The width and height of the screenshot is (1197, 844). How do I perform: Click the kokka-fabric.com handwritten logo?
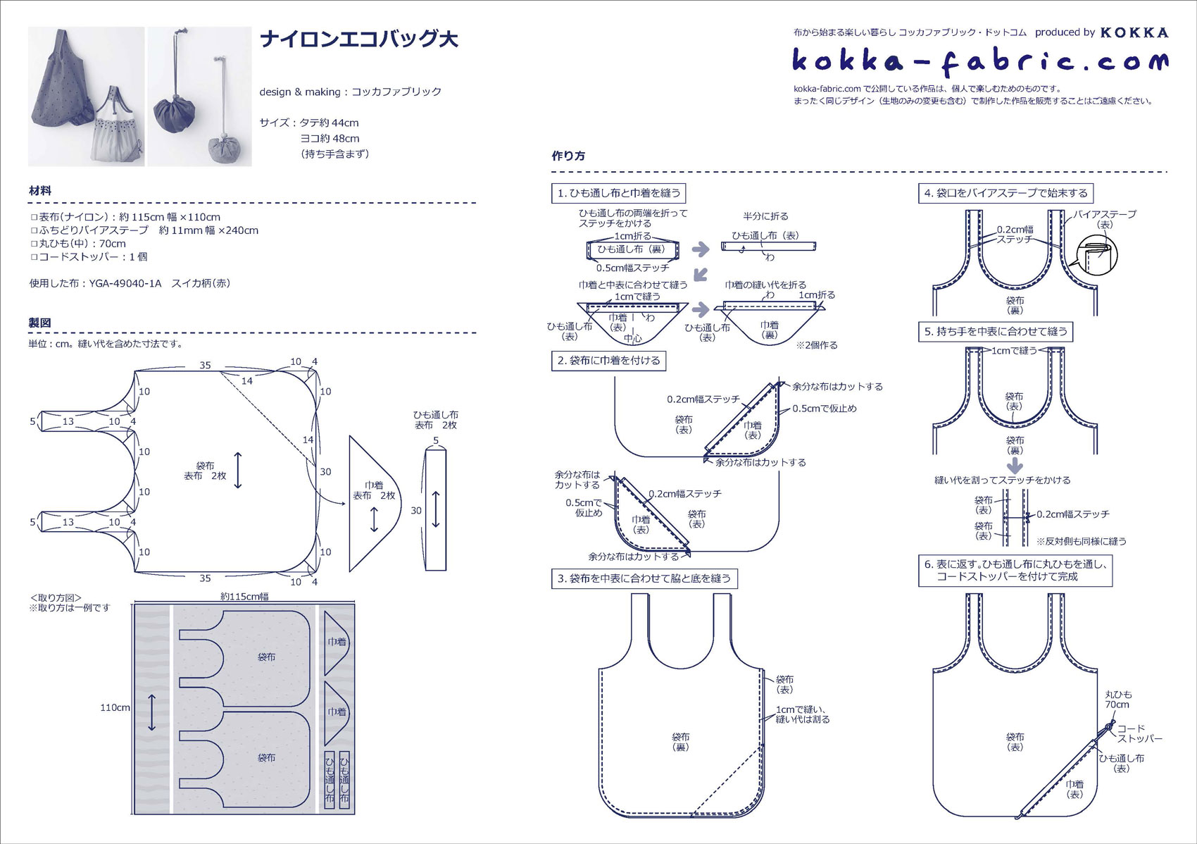[979, 62]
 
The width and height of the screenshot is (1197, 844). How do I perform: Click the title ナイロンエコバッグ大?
[359, 39]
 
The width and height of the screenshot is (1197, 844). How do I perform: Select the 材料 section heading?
[40, 191]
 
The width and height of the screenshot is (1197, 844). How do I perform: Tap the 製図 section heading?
[40, 323]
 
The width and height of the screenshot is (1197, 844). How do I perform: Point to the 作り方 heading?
[568, 156]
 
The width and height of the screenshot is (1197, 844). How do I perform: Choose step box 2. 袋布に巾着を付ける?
[608, 361]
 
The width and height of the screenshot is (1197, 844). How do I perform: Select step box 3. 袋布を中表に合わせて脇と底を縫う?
[644, 578]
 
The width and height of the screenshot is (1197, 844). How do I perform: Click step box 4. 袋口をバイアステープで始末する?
[1005, 193]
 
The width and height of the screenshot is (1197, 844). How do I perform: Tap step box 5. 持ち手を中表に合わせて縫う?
[996, 331]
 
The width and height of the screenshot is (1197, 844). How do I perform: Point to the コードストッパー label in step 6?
[1139, 733]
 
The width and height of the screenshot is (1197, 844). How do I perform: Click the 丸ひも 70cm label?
[1117, 699]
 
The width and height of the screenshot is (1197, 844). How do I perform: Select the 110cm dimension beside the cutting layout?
[115, 707]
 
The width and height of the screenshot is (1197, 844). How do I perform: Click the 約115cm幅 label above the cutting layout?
[244, 597]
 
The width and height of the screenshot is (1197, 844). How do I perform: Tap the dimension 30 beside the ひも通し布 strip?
[416, 510]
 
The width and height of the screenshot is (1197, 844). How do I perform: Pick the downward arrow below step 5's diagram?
[1015, 465]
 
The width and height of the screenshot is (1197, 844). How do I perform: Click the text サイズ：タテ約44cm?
[310, 123]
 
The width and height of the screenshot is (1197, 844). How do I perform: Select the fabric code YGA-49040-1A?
[125, 283]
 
